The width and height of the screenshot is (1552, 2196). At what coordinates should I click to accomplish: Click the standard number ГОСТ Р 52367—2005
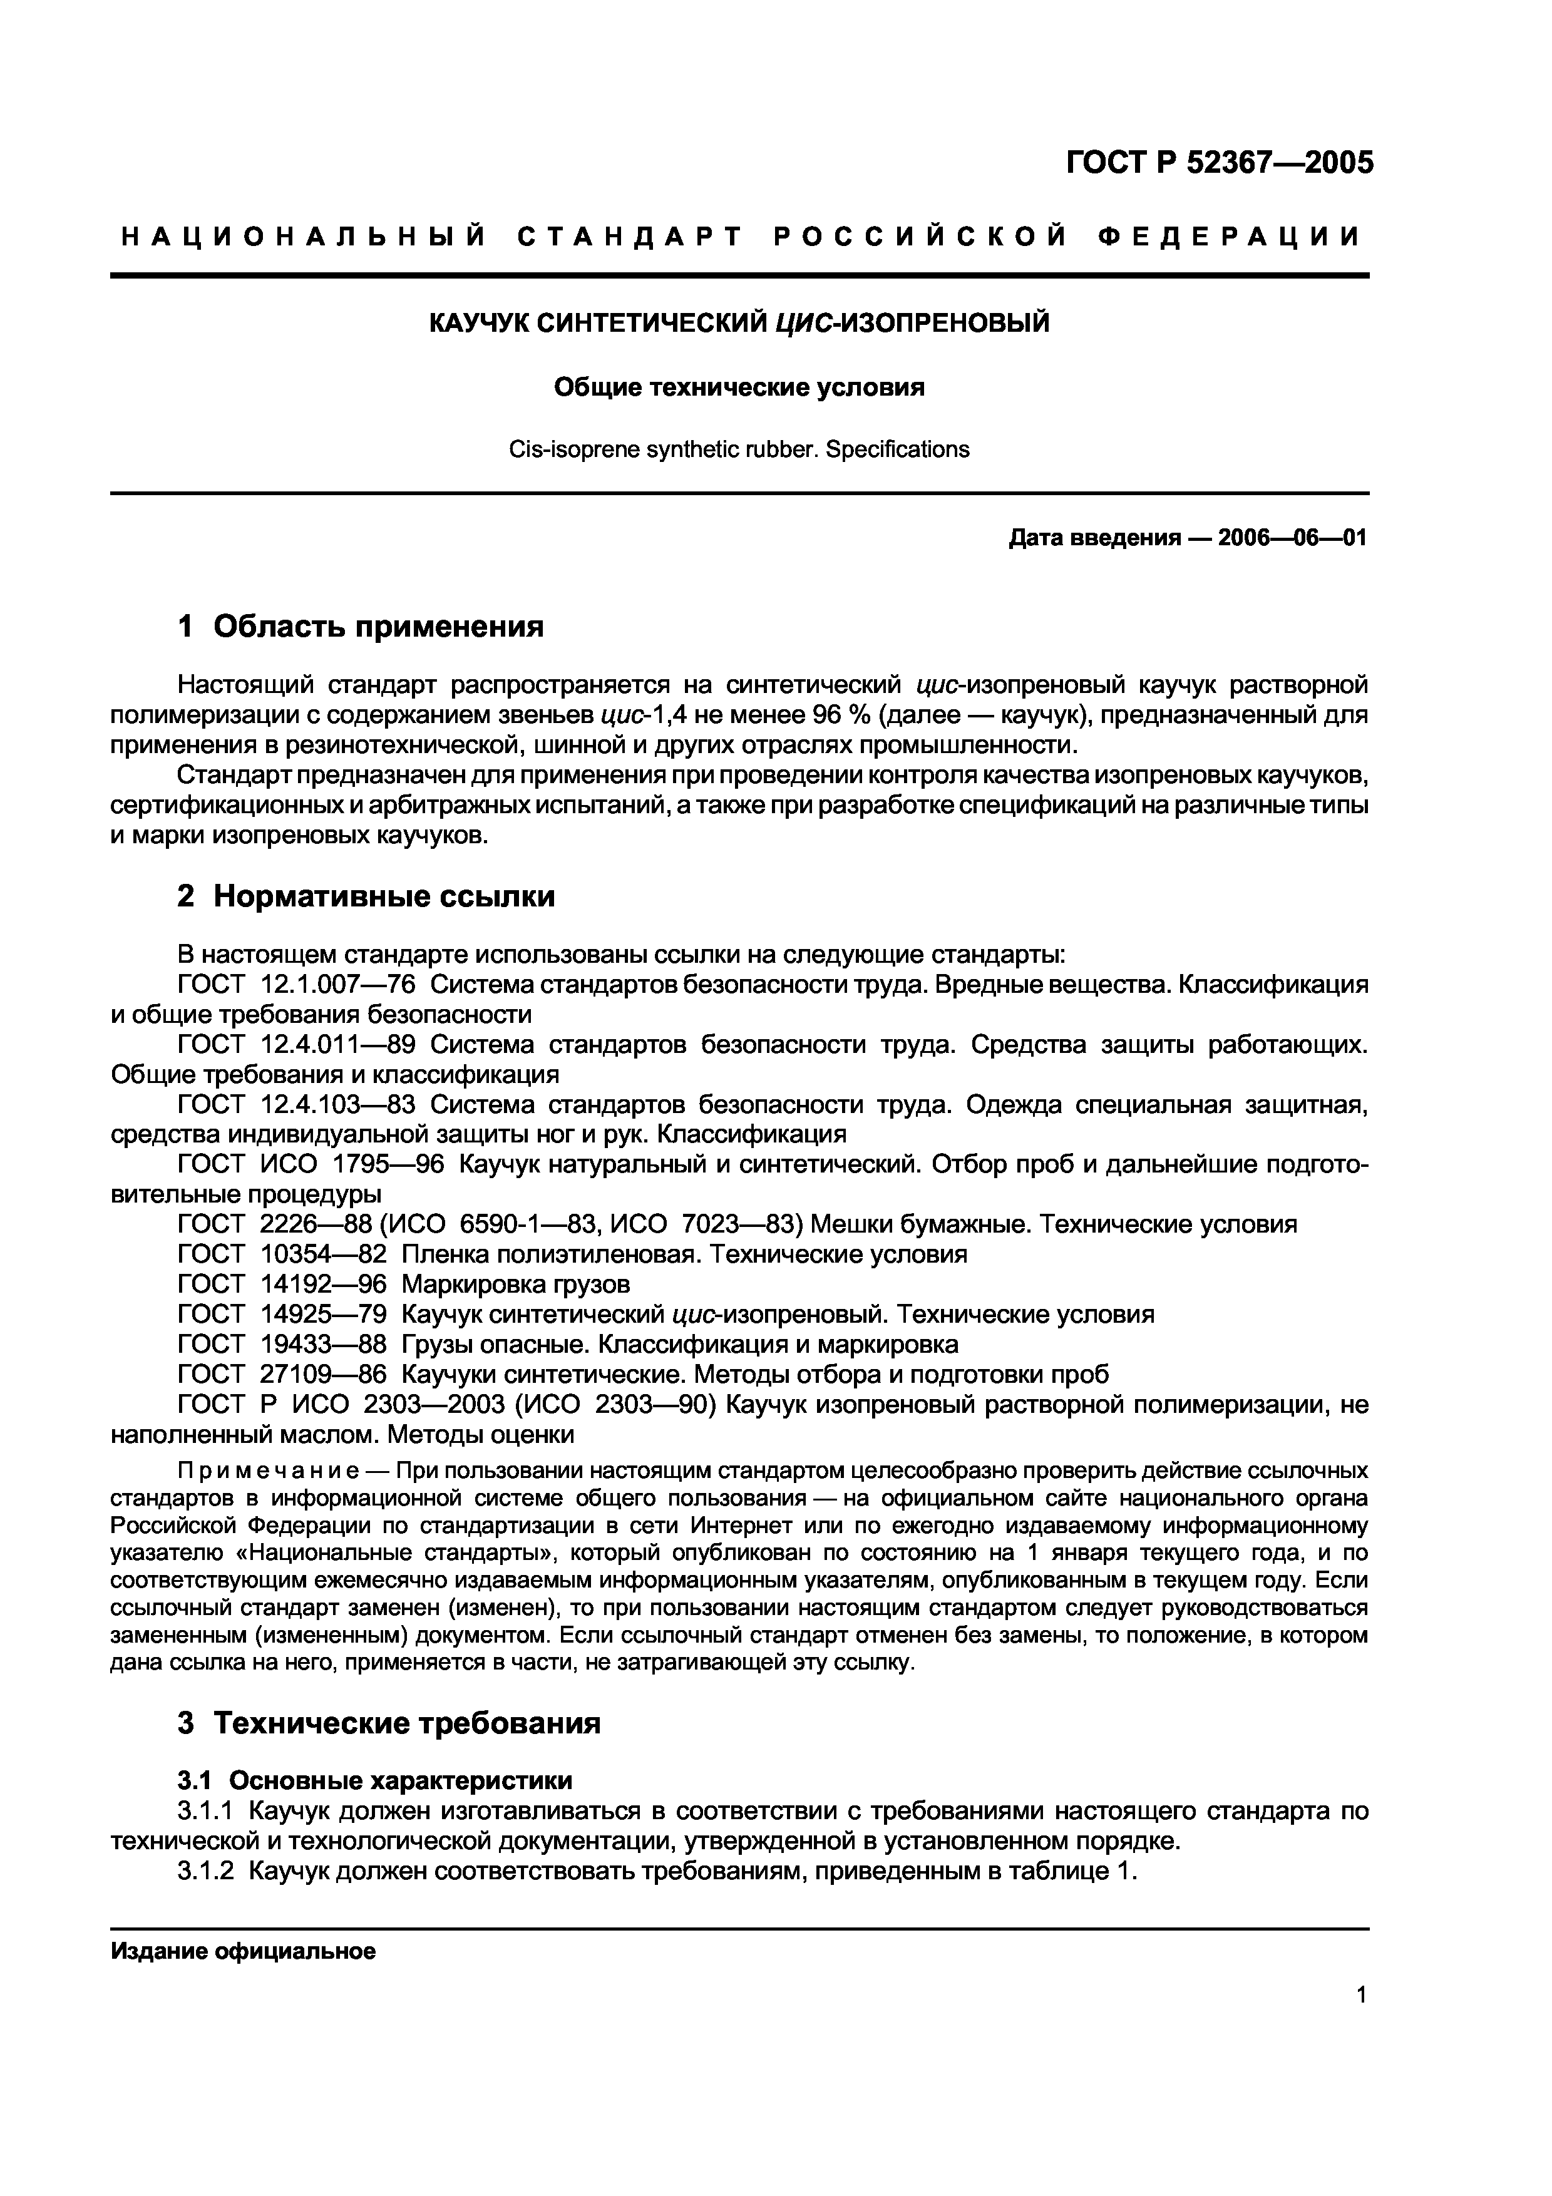tap(1219, 163)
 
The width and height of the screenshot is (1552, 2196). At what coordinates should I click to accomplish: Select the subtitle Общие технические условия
tap(739, 387)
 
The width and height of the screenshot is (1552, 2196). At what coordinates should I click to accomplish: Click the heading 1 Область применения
tap(361, 627)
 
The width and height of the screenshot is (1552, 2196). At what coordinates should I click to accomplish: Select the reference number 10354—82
tap(323, 1255)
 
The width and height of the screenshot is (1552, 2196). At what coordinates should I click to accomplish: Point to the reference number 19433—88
tap(323, 1345)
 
